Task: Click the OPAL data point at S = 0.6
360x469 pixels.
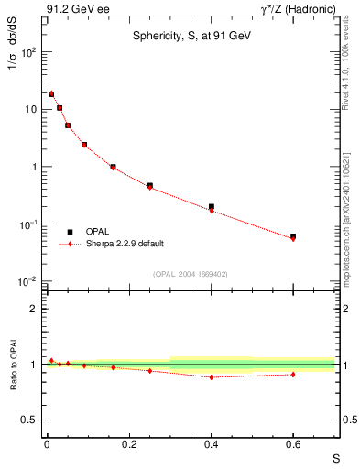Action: pos(293,236)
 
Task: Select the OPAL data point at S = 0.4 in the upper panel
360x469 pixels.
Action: pos(211,207)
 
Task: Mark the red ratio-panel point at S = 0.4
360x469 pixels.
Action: pos(211,377)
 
